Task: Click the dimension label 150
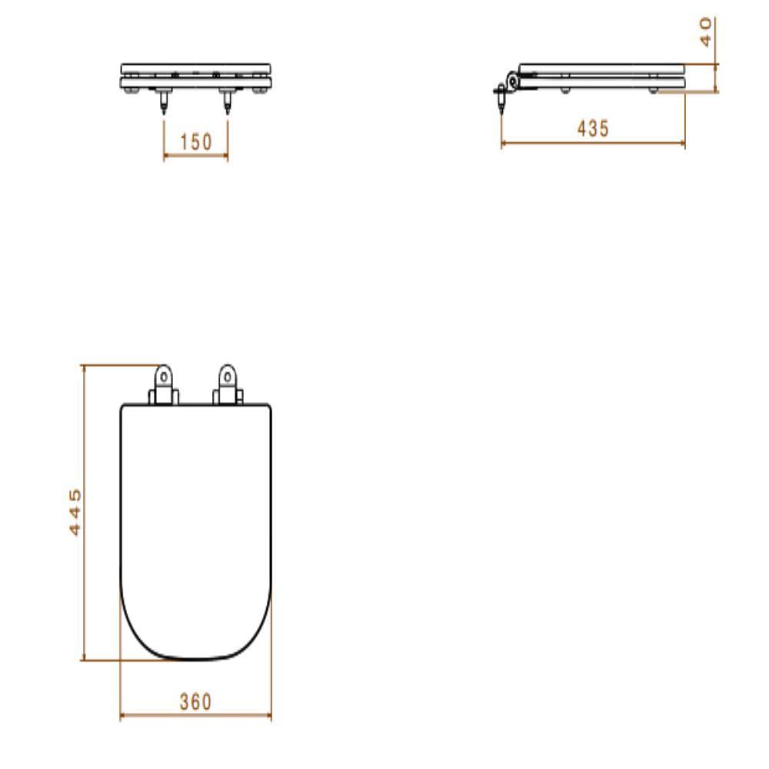(195, 142)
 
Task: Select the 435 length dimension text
(593, 128)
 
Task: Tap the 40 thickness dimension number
(707, 32)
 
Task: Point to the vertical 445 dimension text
(75, 511)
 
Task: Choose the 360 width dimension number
(195, 702)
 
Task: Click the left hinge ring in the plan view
(163, 377)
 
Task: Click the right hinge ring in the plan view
(227, 377)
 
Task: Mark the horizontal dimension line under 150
(195, 156)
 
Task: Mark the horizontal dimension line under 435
(593, 143)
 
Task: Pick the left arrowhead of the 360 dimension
(123, 717)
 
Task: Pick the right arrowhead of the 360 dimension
(268, 717)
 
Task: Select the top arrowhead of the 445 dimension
(82, 368)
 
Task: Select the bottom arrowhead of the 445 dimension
(82, 657)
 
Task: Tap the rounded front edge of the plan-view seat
(195, 658)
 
